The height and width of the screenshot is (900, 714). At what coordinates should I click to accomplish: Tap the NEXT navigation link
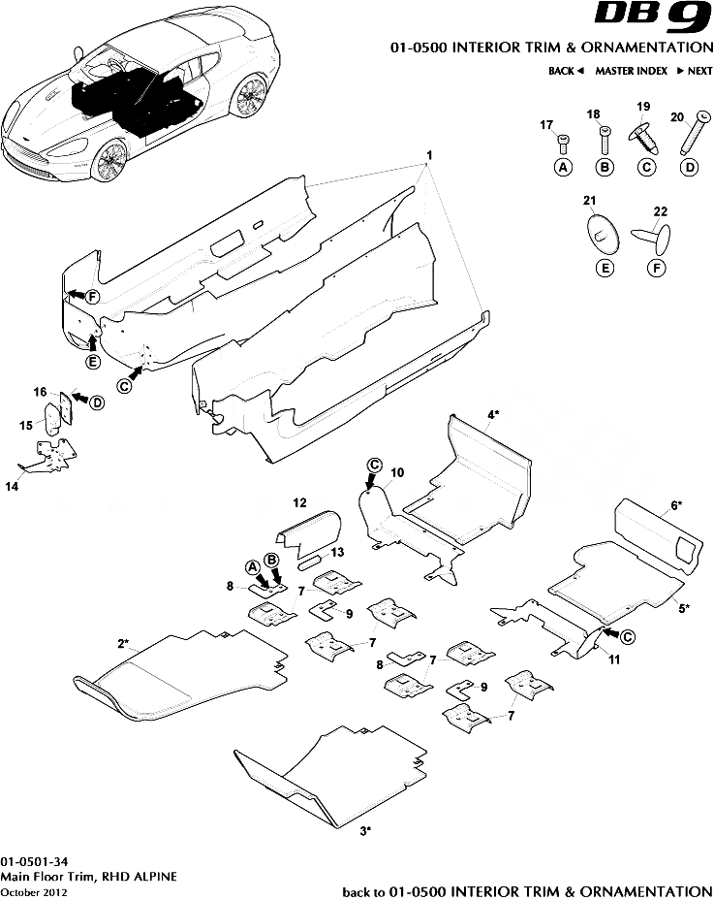(695, 71)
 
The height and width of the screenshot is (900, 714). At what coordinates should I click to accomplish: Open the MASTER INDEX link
(631, 71)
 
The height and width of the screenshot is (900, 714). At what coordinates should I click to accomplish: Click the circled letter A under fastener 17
(563, 168)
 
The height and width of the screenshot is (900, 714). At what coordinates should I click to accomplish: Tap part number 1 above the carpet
(429, 157)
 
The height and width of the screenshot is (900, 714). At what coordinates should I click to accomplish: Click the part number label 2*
(124, 643)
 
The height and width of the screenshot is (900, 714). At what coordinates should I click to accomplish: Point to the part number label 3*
(366, 831)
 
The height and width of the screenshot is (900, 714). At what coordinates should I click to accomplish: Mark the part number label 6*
(676, 505)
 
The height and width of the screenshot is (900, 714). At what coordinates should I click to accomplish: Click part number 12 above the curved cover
(299, 502)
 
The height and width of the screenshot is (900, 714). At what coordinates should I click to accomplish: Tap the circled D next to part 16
(97, 402)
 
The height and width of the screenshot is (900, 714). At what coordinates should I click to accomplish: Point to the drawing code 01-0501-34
(34, 861)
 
